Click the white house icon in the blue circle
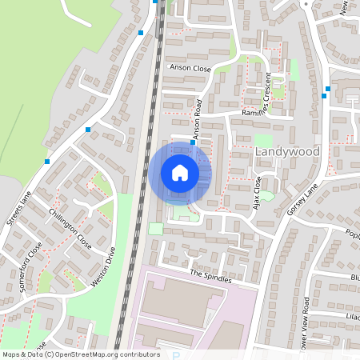click(180, 173)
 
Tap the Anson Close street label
click(190, 69)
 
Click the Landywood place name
click(286, 151)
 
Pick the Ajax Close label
click(257, 193)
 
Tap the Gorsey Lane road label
click(302, 199)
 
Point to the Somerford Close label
click(33, 261)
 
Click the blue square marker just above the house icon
click(192, 144)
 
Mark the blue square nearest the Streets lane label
click(47, 162)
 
